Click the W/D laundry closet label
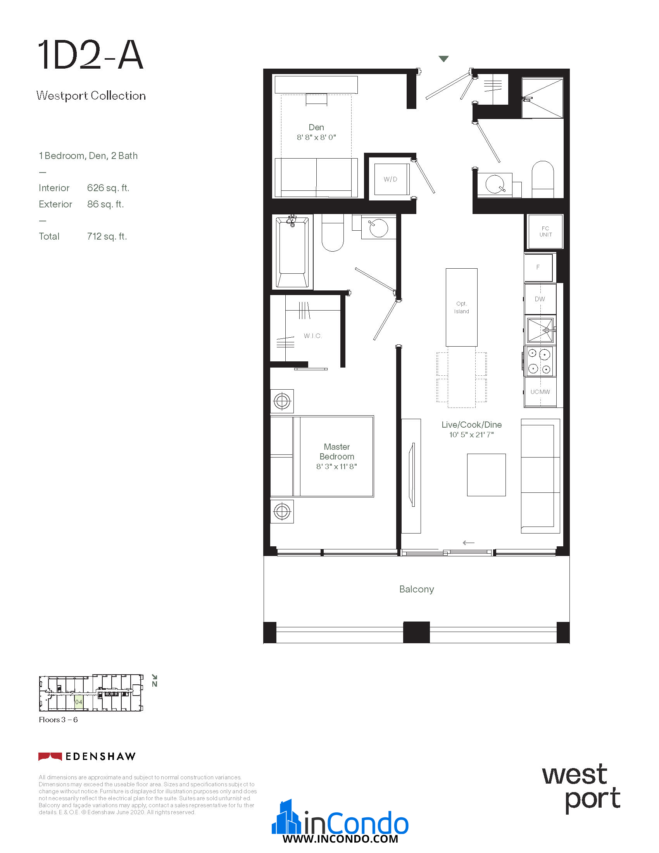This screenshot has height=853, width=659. pos(390,179)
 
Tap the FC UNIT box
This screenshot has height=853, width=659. pos(545,231)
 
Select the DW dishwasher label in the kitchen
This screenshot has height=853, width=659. pos(540,299)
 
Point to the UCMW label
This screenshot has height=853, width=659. pos(540,392)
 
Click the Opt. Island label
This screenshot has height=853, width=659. pos(461,307)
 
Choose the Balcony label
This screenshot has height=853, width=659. pos(417,589)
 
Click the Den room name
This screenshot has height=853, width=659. pos(316,127)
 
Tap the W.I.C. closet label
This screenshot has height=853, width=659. pos(313,336)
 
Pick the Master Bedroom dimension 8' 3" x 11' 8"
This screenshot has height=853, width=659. pos(336,466)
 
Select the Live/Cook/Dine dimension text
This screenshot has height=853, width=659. pos(471,435)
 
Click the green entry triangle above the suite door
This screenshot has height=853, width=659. pos(443,59)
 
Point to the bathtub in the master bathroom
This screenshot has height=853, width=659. pos(292,252)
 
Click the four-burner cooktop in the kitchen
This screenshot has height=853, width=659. pos(539,361)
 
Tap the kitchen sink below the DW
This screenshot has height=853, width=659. pos(540,330)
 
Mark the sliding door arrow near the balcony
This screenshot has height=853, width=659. pos(469,542)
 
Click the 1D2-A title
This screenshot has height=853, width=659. pos(90,55)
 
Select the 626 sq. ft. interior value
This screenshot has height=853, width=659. pos(108,188)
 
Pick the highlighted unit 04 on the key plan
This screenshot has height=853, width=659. pos(78,702)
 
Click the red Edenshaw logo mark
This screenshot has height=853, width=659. pos(50,756)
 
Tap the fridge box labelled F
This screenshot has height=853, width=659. pos(538,268)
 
